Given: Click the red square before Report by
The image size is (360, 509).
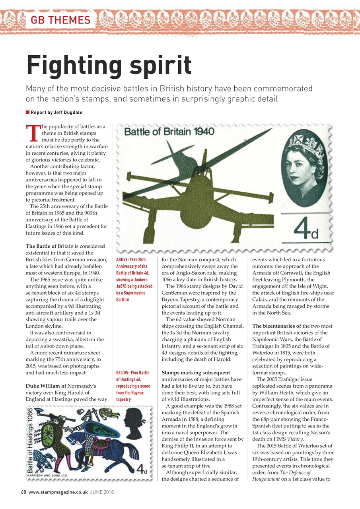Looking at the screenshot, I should [27, 113].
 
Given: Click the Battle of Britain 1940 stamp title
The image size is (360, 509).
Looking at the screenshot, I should [170, 132].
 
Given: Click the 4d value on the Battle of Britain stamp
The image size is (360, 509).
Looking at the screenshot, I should [306, 229].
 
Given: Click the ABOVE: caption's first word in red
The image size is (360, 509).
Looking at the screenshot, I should [123, 260].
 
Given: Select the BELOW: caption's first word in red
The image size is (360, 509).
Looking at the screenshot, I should [123, 373].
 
